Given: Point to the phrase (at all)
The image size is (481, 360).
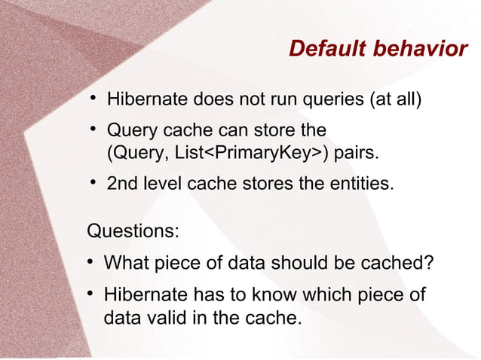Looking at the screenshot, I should (393, 100).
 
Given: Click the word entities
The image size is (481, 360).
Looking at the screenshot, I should (362, 184).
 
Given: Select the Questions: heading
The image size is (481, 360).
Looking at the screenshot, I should (133, 230).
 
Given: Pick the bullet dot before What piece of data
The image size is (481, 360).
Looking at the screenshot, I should (90, 263).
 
